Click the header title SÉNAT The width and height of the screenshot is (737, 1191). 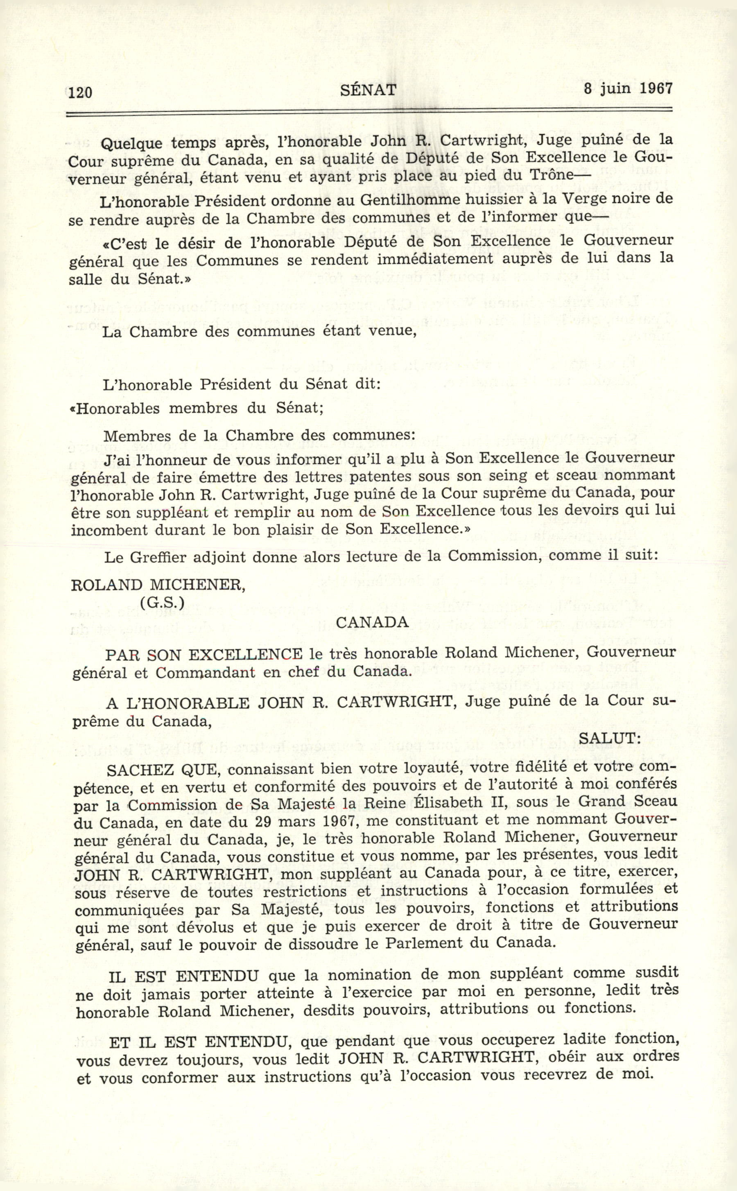click(368, 90)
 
